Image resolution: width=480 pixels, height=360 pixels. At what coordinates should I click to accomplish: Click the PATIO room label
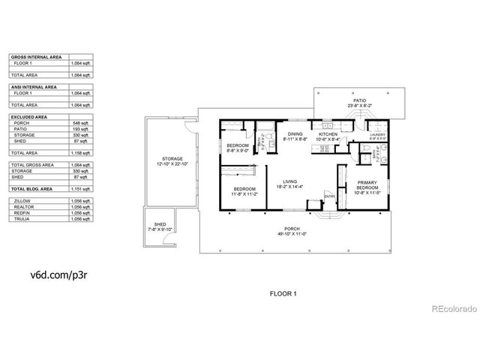360,100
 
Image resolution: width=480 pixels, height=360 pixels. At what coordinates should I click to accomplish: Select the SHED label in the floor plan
159,223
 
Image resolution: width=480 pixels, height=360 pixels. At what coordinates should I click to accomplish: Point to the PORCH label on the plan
291,229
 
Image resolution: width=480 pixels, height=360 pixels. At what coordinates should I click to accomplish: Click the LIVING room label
289,181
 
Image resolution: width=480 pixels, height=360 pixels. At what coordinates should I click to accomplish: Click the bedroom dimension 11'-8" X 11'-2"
244,193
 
